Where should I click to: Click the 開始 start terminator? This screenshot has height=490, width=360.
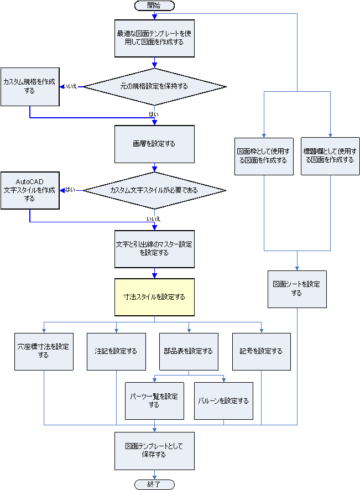click(x=154, y=6)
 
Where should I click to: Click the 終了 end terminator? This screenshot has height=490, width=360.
click(x=154, y=484)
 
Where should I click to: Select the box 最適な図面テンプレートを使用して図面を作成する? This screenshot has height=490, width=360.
click(x=154, y=38)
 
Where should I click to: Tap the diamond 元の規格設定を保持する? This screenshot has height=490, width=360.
click(x=154, y=86)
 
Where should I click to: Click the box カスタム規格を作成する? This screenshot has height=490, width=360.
click(x=29, y=86)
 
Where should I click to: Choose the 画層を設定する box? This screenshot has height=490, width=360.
click(x=154, y=144)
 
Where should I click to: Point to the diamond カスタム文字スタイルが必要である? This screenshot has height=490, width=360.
click(x=154, y=190)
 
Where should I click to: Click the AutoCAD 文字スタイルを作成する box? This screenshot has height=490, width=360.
click(x=29, y=190)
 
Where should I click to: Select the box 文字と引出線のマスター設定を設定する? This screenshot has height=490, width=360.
click(x=154, y=248)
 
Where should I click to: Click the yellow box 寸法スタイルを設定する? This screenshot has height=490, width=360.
click(x=154, y=297)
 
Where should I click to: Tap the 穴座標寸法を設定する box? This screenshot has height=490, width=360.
click(x=44, y=351)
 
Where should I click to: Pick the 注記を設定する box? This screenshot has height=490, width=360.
click(x=116, y=351)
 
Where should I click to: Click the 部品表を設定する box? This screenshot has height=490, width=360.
click(x=189, y=351)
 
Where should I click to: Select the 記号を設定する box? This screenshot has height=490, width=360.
click(x=261, y=351)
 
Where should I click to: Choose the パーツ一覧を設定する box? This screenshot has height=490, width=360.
click(x=154, y=401)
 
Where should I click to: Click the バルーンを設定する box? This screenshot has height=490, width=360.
click(x=223, y=401)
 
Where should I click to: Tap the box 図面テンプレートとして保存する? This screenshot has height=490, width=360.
click(x=154, y=451)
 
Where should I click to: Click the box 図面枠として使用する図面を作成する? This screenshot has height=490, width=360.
click(x=264, y=156)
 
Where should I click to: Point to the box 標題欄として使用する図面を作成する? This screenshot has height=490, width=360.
click(x=330, y=156)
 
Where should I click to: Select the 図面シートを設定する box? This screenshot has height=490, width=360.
click(x=297, y=289)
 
